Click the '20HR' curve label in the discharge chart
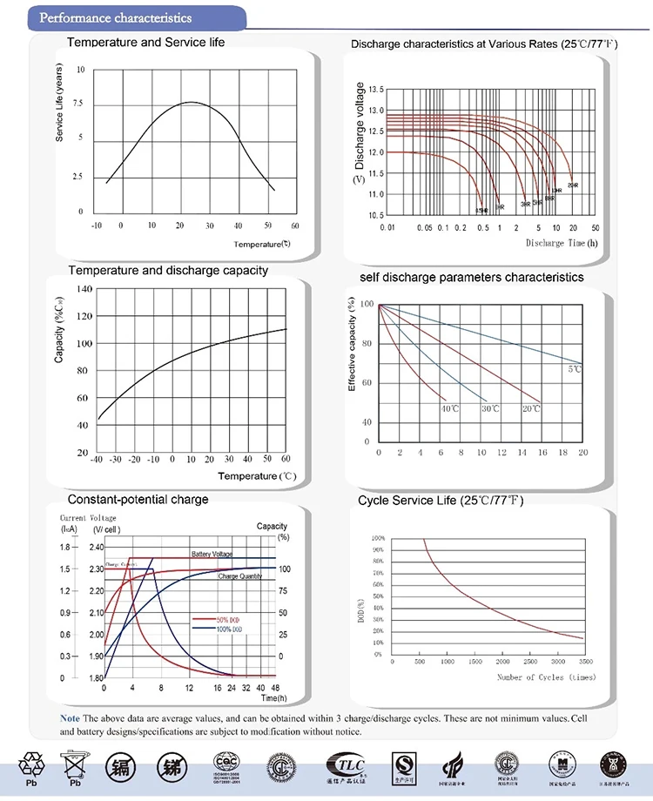(x=572, y=185)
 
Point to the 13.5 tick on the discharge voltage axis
(x=376, y=90)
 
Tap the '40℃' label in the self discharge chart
(x=449, y=407)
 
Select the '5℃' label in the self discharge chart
(x=575, y=370)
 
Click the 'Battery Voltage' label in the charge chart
(x=212, y=554)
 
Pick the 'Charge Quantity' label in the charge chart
(x=240, y=576)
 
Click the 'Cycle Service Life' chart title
(x=441, y=501)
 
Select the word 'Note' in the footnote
(x=69, y=717)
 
